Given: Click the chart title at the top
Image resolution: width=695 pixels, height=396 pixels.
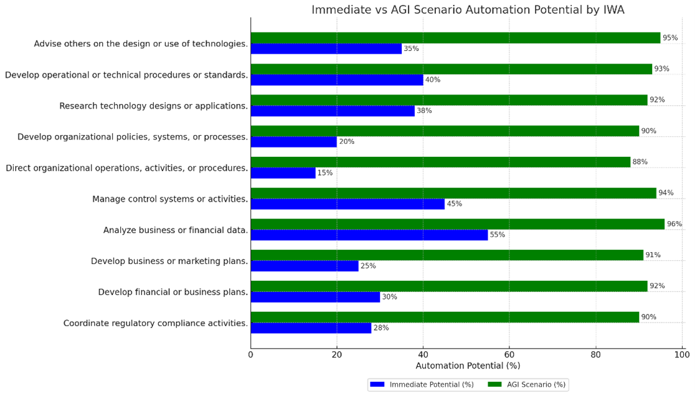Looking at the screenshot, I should (467, 10).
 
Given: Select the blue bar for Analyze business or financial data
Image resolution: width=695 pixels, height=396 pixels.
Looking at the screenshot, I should (369, 235).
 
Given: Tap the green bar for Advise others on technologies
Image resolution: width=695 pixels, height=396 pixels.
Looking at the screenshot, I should (455, 38).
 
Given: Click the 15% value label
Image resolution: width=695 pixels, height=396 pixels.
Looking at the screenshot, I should (324, 173).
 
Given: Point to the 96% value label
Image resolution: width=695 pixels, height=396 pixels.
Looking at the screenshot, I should (674, 224).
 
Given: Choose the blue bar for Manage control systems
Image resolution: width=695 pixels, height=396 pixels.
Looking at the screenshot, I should (347, 204).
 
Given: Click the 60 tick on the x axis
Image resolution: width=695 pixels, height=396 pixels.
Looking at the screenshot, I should (509, 355).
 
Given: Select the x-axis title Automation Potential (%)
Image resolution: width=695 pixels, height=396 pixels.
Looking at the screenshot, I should (467, 366).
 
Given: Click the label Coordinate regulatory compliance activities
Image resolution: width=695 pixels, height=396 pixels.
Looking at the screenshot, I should (156, 323).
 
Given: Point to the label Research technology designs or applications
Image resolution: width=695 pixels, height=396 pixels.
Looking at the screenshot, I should (153, 106).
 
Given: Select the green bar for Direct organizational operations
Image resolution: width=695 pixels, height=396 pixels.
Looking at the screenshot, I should (440, 162).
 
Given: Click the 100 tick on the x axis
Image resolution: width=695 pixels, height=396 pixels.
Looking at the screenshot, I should (681, 355).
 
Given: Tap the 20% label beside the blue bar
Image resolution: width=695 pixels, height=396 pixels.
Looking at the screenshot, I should (346, 142).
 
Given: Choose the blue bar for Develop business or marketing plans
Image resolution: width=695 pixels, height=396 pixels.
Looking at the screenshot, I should (305, 266).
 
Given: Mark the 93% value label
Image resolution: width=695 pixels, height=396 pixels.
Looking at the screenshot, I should (661, 69).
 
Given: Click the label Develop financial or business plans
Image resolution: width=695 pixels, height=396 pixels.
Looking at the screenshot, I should (173, 292).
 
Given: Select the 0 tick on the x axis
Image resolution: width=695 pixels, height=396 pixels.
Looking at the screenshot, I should (251, 355).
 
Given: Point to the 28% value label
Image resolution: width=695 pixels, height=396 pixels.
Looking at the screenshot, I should (381, 328).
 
